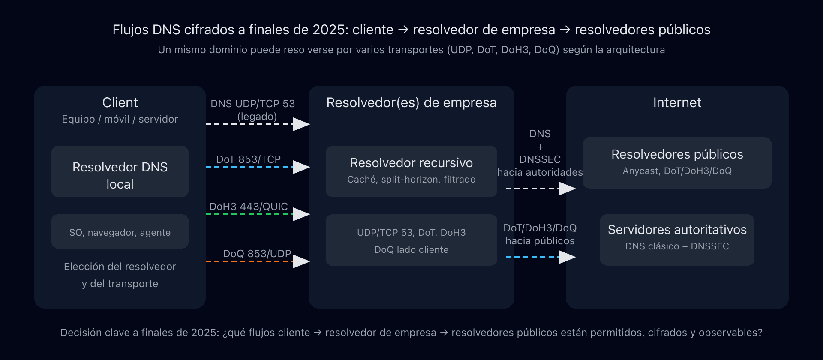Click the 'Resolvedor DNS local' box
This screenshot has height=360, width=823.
tap(120, 171)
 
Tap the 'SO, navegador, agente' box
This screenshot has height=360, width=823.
tap(120, 231)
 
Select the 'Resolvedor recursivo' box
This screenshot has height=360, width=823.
tap(411, 171)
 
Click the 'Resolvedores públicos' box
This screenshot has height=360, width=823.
tap(677, 163)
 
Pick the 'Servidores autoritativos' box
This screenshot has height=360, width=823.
tap(677, 240)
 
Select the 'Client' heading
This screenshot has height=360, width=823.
tap(120, 102)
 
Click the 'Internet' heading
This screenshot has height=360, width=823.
tap(677, 102)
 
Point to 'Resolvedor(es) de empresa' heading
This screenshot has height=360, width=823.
tap(411, 102)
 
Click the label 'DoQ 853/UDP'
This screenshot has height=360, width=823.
tap(257, 253)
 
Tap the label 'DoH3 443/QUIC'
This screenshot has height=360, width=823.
tap(249, 206)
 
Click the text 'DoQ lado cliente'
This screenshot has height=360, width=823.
tap(411, 249)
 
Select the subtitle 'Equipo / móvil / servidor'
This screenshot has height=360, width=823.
tap(120, 119)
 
